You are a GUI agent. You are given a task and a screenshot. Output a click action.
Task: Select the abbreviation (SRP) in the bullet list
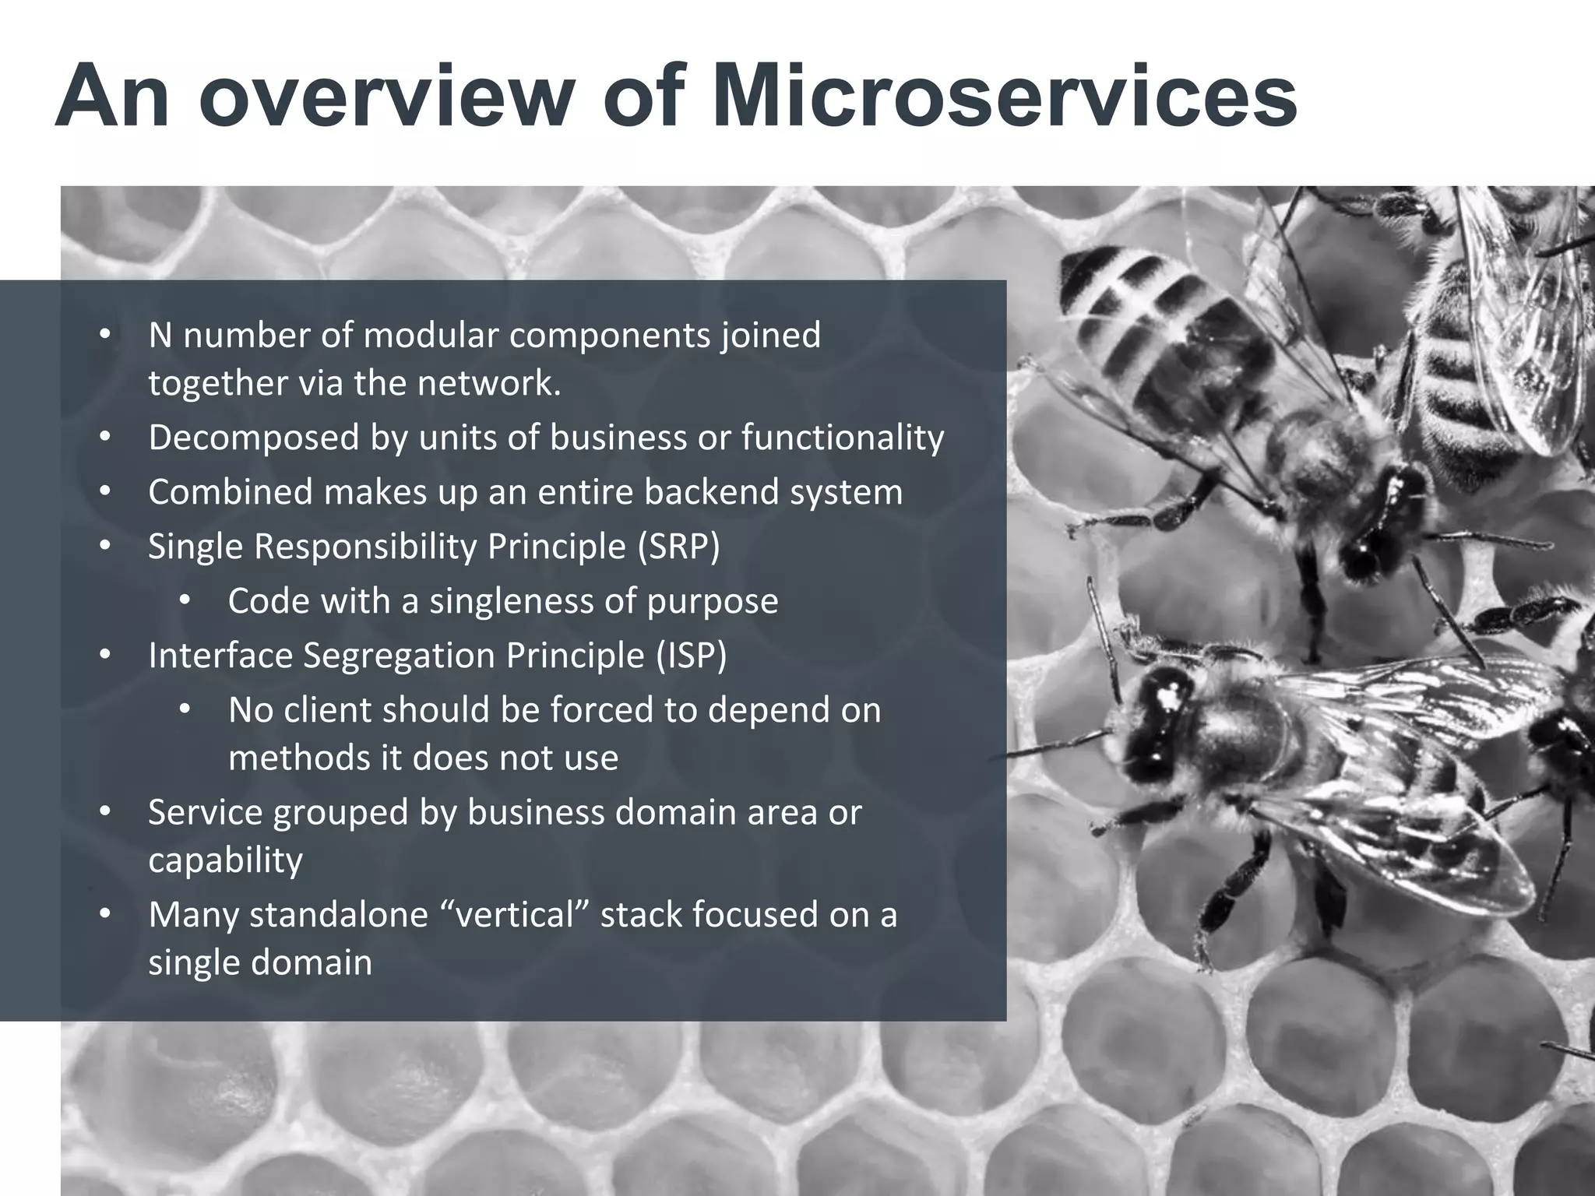(x=678, y=547)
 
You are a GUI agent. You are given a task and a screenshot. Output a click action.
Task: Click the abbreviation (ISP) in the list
(x=686, y=656)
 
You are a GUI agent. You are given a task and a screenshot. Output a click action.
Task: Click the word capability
(x=225, y=860)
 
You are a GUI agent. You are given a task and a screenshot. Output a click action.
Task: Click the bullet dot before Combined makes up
(x=105, y=493)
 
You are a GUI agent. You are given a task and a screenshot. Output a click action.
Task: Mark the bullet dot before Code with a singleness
(x=185, y=602)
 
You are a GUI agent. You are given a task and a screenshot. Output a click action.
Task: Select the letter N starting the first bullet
(x=160, y=336)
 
